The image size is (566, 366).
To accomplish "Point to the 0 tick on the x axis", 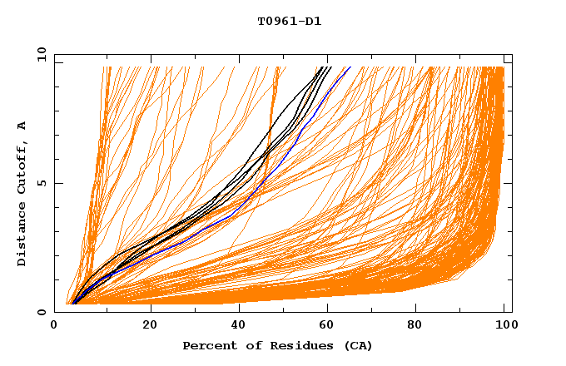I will (x=54, y=326).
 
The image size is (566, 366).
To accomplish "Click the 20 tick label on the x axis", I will (x=150, y=326).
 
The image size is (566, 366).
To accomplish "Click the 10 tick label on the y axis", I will (x=42, y=55).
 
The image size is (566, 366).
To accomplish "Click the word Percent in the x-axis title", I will (x=206, y=346).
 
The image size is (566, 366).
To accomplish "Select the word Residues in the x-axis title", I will (x=303, y=346).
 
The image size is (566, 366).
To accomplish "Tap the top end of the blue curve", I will (x=350, y=67).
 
